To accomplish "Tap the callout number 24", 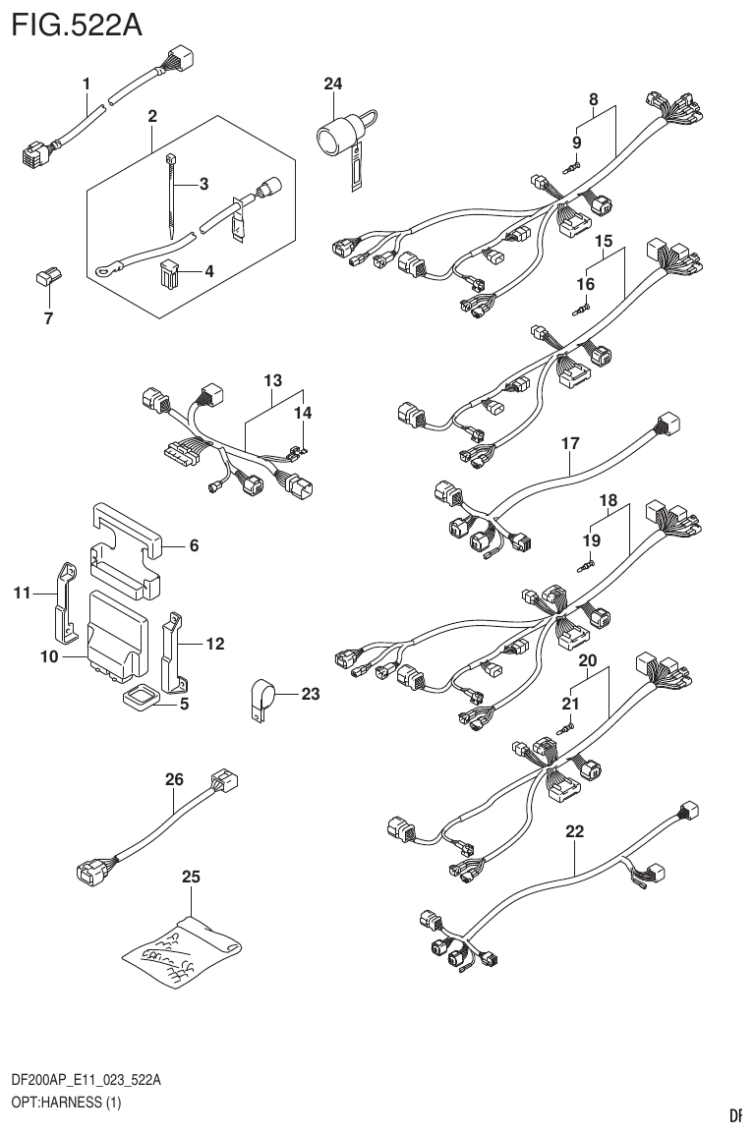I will (333, 85).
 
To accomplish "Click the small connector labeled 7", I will (46, 279).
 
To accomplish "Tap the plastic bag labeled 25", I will (185, 945).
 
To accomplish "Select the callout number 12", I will (215, 645).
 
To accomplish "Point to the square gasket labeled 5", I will (140, 698).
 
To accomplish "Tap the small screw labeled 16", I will (580, 308).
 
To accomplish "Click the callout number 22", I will (575, 831).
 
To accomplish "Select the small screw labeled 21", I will (567, 728).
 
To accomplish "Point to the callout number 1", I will (87, 85).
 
